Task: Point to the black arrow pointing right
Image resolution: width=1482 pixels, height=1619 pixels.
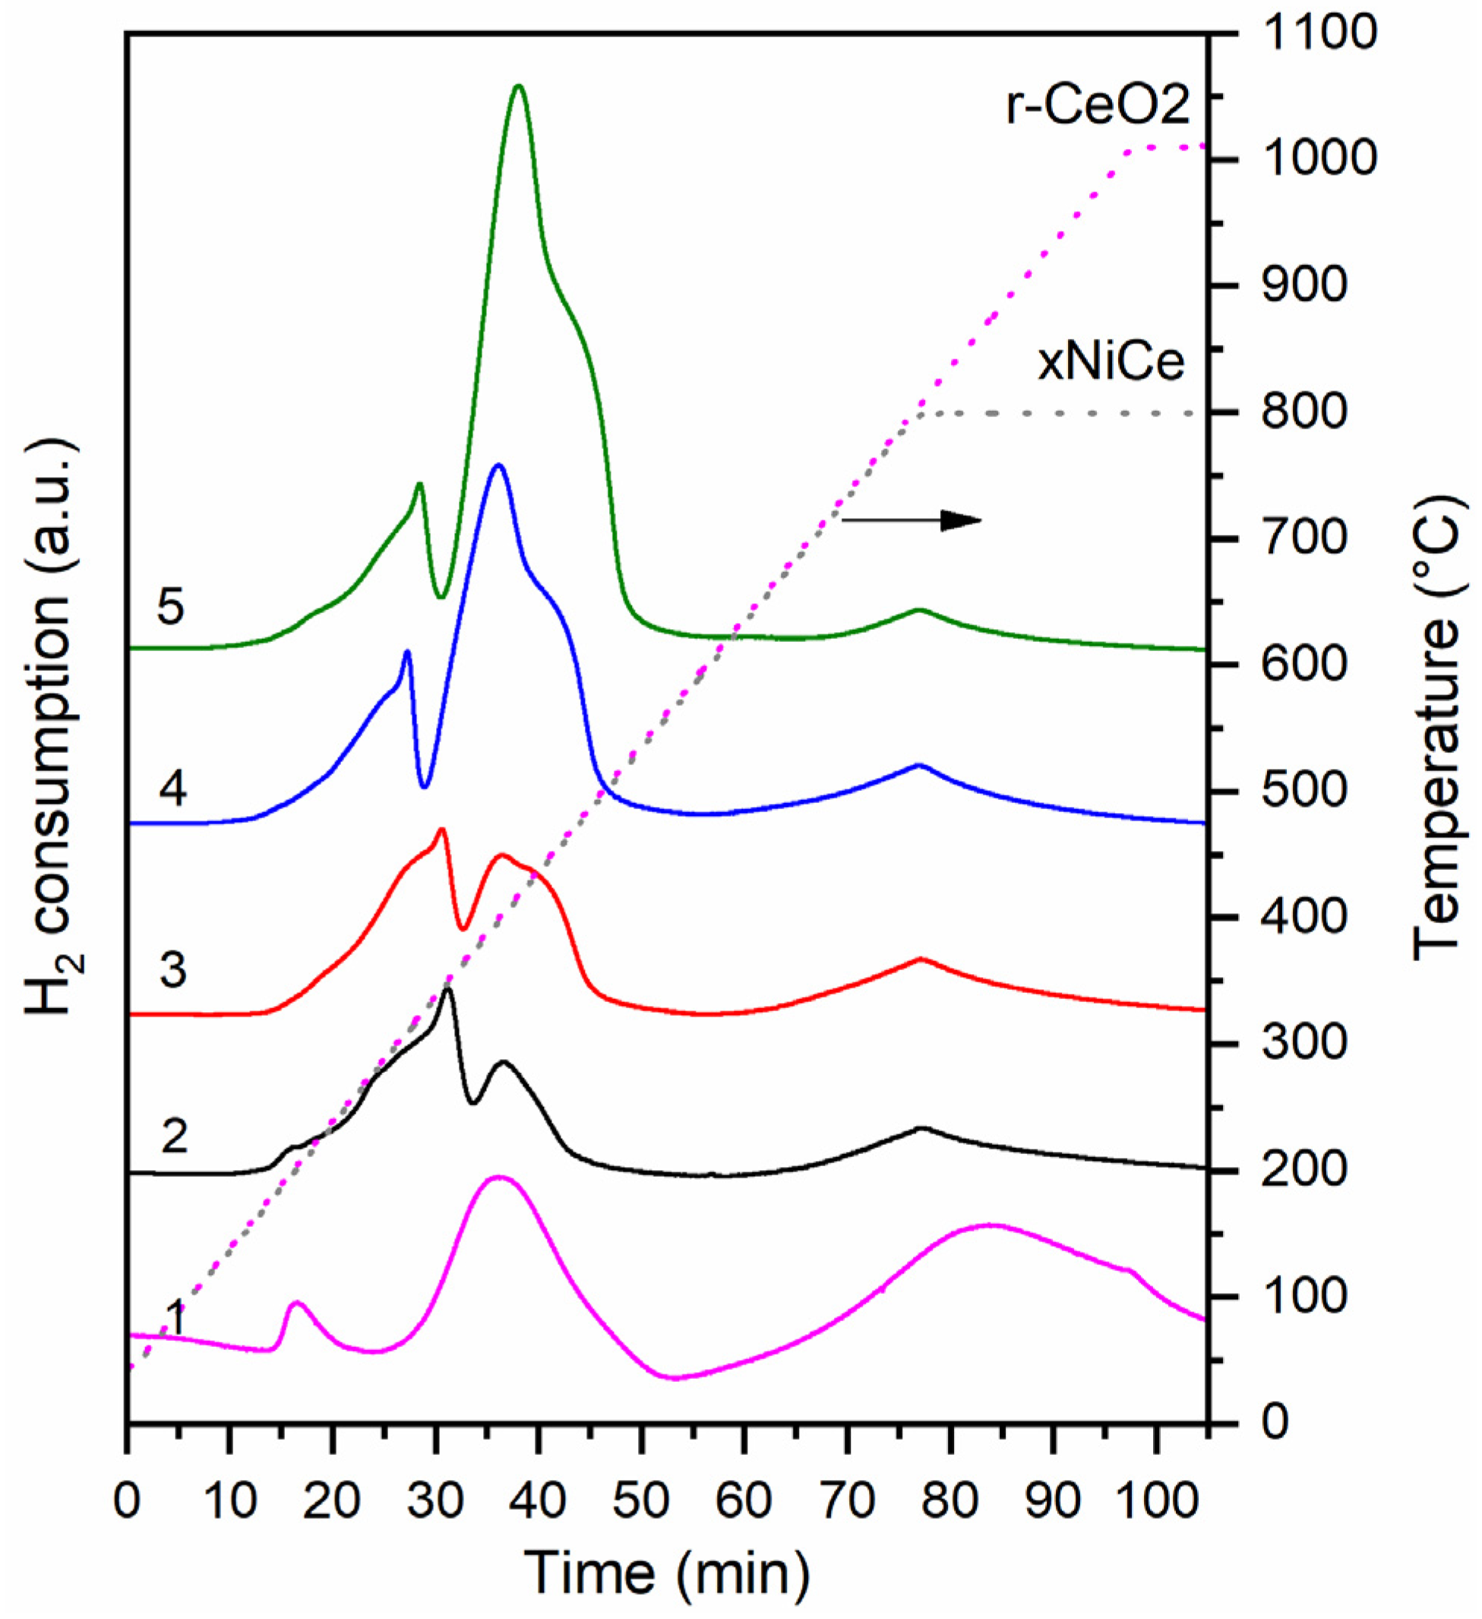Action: pos(912,520)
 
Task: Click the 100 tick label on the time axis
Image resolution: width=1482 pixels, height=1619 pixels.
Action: pos(1156,1479)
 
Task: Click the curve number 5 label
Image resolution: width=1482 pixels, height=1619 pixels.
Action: pos(171,607)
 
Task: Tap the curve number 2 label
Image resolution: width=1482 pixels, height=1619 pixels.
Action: pos(174,1136)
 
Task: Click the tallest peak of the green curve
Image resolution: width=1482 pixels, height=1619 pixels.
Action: pos(519,86)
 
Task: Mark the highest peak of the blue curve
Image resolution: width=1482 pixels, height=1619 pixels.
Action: pos(498,465)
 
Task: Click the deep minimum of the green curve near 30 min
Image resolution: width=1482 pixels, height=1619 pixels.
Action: pos(440,596)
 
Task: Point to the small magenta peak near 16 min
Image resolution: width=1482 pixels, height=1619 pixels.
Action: pos(296,1304)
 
